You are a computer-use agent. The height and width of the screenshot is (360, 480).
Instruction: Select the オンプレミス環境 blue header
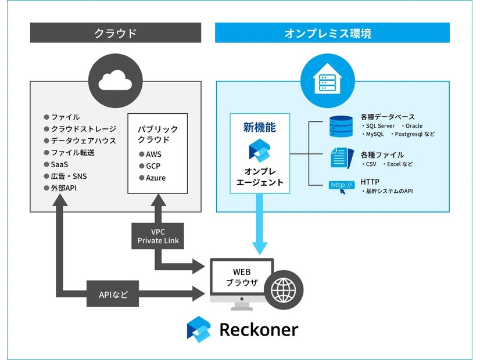click(x=332, y=33)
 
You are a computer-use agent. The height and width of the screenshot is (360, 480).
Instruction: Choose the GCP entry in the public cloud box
click(x=153, y=166)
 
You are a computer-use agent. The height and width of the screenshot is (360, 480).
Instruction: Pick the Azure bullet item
click(x=155, y=178)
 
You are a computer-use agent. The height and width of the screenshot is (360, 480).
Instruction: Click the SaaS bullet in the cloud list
click(x=59, y=164)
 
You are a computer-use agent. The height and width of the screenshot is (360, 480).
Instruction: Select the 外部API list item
click(x=64, y=188)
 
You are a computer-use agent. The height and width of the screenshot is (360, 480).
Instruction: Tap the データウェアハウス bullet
click(x=80, y=141)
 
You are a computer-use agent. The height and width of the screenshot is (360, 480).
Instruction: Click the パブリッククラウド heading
click(x=157, y=135)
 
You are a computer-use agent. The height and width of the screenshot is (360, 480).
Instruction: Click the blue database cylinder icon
click(x=341, y=126)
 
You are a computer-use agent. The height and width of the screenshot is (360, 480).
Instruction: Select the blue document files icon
click(x=341, y=157)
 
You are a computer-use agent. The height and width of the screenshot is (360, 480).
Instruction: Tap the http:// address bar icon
click(x=342, y=186)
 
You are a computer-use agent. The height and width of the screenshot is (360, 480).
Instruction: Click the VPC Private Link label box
click(x=158, y=235)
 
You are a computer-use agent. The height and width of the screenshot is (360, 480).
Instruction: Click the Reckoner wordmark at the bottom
click(x=258, y=330)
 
